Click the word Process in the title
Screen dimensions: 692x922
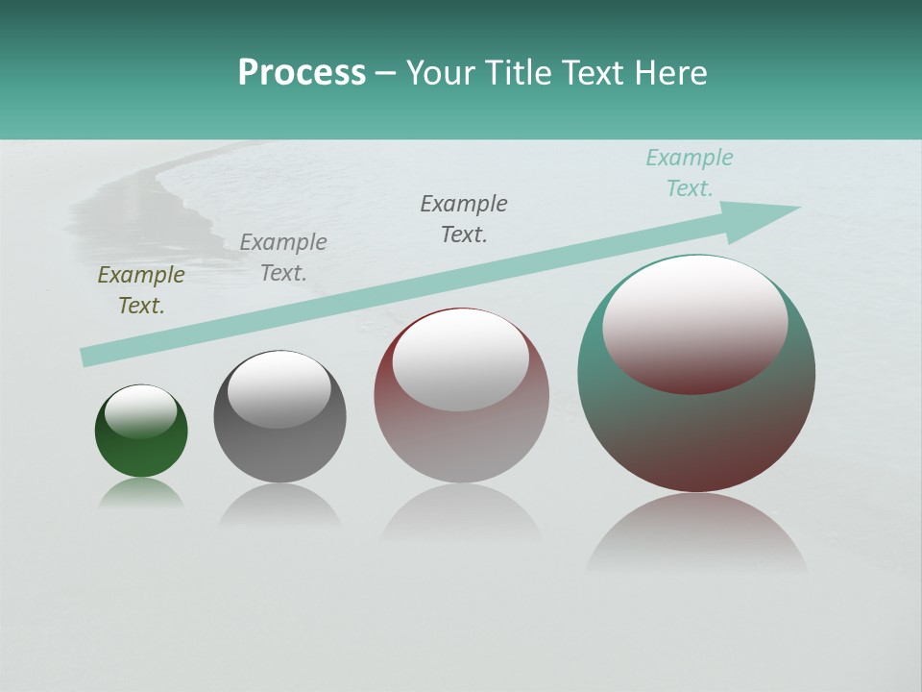(x=302, y=73)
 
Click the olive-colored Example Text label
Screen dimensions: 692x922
(x=140, y=290)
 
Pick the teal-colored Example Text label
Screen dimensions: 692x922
(x=689, y=173)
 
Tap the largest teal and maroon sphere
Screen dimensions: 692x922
(x=696, y=432)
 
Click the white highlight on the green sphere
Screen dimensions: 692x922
(x=140, y=411)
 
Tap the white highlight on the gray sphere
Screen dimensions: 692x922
(x=279, y=389)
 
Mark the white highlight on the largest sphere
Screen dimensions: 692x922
(x=694, y=323)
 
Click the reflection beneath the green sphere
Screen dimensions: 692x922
(x=141, y=494)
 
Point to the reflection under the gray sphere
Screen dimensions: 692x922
(x=279, y=506)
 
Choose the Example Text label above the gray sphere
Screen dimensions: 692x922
(x=282, y=258)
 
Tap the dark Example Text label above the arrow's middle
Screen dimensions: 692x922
(x=463, y=219)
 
